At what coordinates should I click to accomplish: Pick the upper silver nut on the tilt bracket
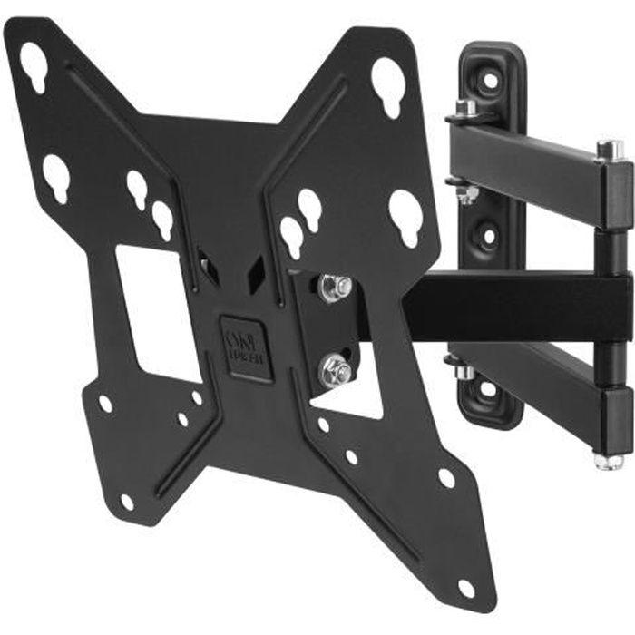[334, 288]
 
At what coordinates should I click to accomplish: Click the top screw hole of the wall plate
[489, 79]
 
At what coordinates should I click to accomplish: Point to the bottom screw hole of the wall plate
[488, 388]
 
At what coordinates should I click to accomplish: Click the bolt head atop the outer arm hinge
[610, 148]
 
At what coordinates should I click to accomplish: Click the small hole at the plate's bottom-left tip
[126, 501]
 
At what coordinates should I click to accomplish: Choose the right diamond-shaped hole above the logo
[257, 269]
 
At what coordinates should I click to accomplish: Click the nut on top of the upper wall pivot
[465, 110]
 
